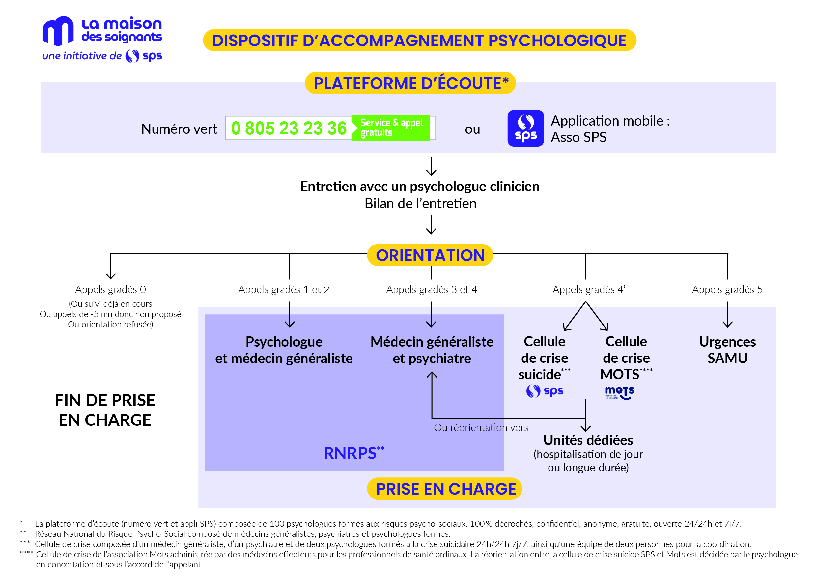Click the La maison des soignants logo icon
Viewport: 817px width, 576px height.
[x=58, y=31]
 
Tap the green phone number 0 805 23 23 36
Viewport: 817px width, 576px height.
[x=289, y=128]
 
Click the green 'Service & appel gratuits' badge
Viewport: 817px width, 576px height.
[x=390, y=128]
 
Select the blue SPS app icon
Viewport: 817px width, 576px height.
[x=525, y=128]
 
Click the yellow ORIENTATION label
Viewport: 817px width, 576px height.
[x=430, y=255]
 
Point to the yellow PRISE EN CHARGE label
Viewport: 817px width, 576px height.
[x=444, y=489]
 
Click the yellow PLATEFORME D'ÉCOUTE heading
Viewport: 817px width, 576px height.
[x=410, y=83]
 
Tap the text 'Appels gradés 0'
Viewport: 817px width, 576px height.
[x=110, y=289]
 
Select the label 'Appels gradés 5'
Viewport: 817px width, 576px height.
[x=727, y=289]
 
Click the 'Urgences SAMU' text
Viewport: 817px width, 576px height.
[x=727, y=350]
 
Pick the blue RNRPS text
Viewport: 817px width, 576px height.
[x=354, y=453]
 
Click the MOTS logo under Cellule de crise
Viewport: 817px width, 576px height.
[x=620, y=393]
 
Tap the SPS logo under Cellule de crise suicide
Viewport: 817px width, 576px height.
[x=545, y=391]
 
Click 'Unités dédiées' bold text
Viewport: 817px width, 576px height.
[x=588, y=440]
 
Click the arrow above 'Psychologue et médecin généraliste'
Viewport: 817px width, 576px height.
[x=290, y=314]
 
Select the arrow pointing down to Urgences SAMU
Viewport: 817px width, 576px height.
[x=727, y=314]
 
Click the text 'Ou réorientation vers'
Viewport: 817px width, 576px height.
[x=481, y=427]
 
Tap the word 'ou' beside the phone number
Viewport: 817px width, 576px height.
[x=472, y=129]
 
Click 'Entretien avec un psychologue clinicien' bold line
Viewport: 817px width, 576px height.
[x=420, y=187]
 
